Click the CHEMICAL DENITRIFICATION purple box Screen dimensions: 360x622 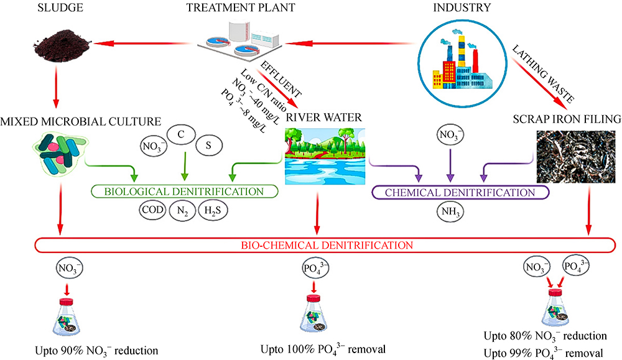pos(460,191)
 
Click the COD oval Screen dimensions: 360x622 pos(151,210)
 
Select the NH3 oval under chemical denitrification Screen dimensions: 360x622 pos(450,211)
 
